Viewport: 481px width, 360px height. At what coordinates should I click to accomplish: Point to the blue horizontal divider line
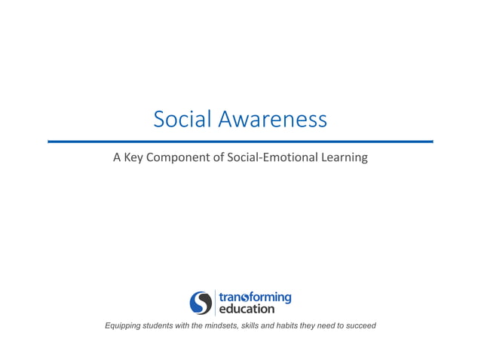tap(240, 141)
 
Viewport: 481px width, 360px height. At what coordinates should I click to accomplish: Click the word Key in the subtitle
tap(135, 158)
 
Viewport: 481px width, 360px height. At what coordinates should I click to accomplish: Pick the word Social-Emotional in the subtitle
tap(273, 158)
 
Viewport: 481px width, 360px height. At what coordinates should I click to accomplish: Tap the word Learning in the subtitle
tap(345, 158)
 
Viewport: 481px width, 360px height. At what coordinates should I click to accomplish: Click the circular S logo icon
tap(201, 302)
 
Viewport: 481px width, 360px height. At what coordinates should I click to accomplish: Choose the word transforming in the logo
tap(255, 297)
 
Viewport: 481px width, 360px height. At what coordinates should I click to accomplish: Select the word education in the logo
tap(247, 309)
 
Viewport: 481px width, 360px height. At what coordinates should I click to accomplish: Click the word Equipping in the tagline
tap(125, 325)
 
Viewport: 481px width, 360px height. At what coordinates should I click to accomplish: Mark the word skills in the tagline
tap(266, 325)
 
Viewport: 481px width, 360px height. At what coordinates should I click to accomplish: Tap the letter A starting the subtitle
tap(117, 158)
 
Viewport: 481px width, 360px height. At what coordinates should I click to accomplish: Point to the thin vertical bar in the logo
tap(215, 302)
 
